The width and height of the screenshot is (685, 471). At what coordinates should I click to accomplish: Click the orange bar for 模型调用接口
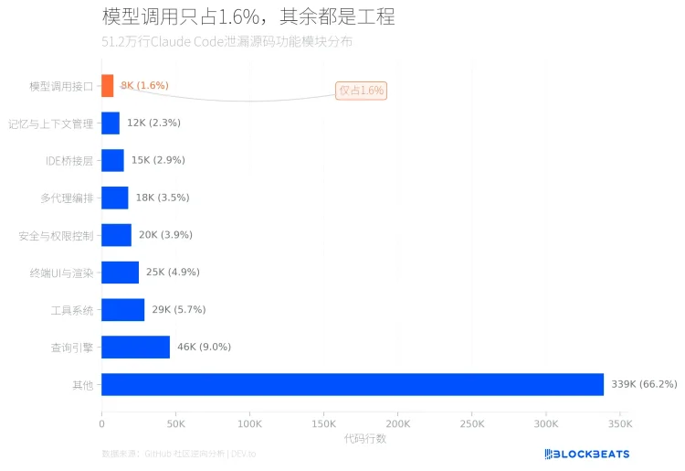(x=108, y=86)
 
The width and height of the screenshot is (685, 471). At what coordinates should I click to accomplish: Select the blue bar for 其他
(x=353, y=384)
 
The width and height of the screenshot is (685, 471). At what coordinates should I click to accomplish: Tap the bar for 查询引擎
(x=135, y=347)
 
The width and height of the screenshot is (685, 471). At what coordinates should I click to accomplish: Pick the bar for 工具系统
(x=122, y=310)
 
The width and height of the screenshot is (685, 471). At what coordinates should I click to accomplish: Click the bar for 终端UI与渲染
(x=120, y=273)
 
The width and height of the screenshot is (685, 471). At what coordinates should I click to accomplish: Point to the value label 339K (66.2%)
(x=644, y=384)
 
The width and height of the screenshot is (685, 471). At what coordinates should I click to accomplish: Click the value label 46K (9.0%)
(x=204, y=347)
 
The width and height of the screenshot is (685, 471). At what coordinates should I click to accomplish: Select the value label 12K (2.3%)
(x=153, y=123)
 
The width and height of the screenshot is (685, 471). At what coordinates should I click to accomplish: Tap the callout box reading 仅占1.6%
(x=361, y=91)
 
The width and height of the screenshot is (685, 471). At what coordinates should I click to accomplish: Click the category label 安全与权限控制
(x=56, y=235)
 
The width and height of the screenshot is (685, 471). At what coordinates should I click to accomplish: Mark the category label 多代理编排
(x=67, y=198)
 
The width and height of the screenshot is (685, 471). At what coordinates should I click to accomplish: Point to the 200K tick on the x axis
(x=397, y=424)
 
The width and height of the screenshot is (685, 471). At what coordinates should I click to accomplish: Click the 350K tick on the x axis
(x=619, y=424)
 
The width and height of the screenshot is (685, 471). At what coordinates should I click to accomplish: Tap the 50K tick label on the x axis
(x=175, y=424)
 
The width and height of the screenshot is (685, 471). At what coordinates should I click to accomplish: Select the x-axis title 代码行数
(x=364, y=439)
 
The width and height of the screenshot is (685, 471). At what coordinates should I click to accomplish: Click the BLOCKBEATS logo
(x=586, y=454)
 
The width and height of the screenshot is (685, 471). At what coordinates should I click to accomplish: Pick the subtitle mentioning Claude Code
(x=227, y=42)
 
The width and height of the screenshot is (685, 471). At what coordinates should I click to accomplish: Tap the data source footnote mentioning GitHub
(x=179, y=454)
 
